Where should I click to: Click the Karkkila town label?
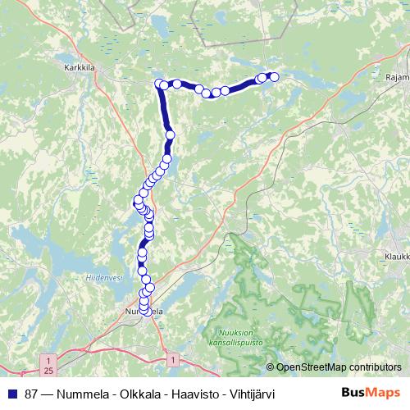tap(80, 69)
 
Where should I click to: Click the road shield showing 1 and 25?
tap(49, 364)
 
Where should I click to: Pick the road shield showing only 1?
tap(174, 359)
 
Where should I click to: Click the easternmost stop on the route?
tap(275, 77)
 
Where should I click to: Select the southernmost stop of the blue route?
tap(146, 311)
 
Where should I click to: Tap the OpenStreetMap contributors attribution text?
tap(339, 367)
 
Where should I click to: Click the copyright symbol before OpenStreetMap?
tap(271, 367)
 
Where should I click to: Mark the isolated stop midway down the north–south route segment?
tap(171, 135)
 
